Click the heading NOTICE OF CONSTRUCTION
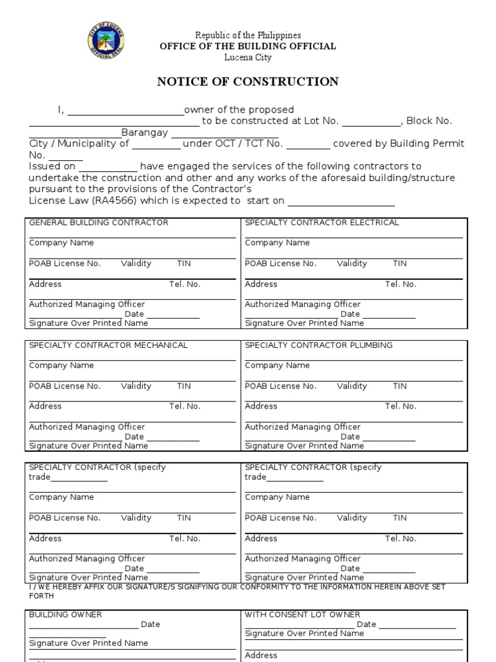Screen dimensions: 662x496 point(248,81)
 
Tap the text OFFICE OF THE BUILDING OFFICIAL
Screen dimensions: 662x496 point(248,46)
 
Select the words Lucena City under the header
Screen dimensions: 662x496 point(248,57)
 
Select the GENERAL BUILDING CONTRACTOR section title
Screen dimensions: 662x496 point(98,222)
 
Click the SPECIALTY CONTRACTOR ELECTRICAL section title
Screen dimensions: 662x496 point(322,222)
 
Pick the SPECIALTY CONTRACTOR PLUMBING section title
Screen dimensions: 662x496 point(318,345)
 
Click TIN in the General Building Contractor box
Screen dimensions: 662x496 point(184,264)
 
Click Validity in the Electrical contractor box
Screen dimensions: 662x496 point(352,264)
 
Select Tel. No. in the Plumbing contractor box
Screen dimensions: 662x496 point(400,407)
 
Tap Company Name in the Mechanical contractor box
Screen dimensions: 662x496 point(61,366)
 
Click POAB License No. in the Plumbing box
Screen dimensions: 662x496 point(280,387)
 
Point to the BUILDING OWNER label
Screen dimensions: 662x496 point(65,615)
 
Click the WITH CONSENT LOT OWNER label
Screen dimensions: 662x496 point(302,615)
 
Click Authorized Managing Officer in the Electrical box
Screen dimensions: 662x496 point(302,304)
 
